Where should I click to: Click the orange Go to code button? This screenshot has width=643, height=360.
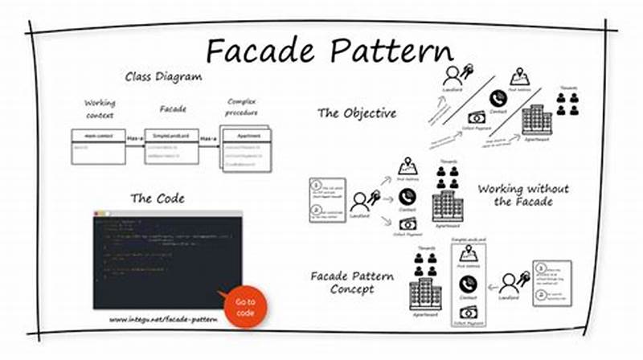click(x=245, y=306)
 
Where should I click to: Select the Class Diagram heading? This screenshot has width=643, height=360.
click(x=162, y=77)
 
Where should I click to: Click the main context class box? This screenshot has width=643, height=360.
click(x=98, y=145)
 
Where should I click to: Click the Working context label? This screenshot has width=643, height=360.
click(x=100, y=109)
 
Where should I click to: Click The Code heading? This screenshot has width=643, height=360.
click(x=158, y=198)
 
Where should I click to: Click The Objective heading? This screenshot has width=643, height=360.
click(x=357, y=113)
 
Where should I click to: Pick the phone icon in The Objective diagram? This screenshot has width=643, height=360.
click(x=498, y=98)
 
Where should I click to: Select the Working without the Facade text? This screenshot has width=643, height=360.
click(x=522, y=194)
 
